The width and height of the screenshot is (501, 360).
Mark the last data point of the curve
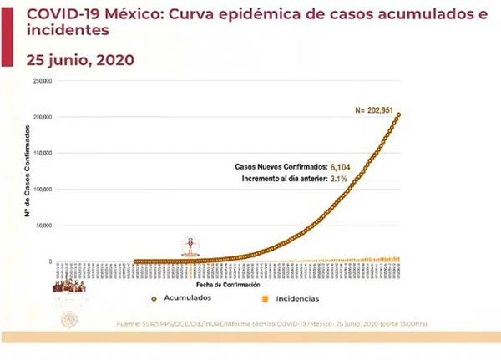pos(398,114)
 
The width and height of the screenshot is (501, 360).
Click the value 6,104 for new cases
pos(341,167)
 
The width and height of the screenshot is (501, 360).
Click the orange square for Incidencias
pos(266,297)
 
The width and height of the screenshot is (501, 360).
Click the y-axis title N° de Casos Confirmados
pos(27,170)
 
